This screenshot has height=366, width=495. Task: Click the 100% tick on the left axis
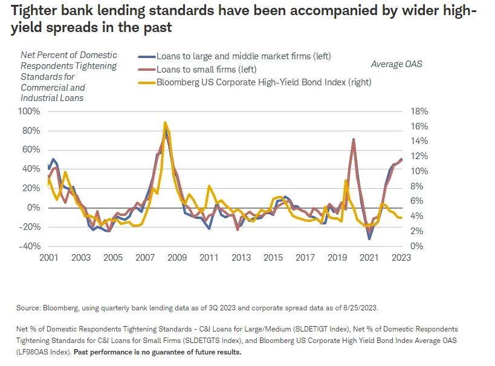[x=29, y=111]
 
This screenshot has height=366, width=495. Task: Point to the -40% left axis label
[x=30, y=246]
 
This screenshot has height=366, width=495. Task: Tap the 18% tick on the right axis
[x=419, y=111]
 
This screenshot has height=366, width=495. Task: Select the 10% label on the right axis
[x=419, y=171]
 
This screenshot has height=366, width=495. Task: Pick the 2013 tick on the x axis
[x=241, y=257]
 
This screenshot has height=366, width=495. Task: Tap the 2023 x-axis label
[x=401, y=257]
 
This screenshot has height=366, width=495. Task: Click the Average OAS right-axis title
[x=396, y=64]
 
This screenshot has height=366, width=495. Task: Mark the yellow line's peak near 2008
[x=165, y=122]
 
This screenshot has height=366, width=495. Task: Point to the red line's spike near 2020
[x=353, y=139]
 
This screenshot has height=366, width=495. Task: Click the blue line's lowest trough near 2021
[x=370, y=239]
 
